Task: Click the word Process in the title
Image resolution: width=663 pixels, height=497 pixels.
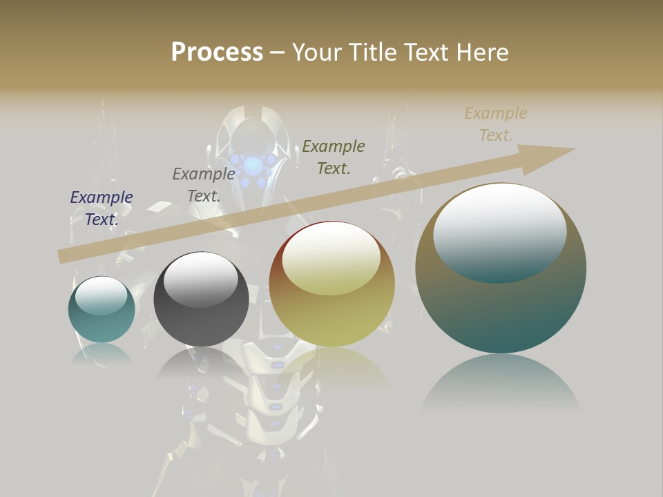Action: tap(217, 52)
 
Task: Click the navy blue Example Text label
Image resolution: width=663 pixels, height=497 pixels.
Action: tap(102, 208)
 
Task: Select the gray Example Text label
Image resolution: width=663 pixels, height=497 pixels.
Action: tap(204, 184)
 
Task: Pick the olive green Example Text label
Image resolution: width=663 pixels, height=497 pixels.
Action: tap(334, 157)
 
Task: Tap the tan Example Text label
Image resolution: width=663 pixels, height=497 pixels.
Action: tap(495, 124)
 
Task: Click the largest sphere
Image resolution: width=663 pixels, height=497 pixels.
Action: tap(501, 311)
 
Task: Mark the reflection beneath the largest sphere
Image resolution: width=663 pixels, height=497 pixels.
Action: tap(501, 383)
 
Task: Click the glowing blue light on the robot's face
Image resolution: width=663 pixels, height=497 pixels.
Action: tap(253, 166)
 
